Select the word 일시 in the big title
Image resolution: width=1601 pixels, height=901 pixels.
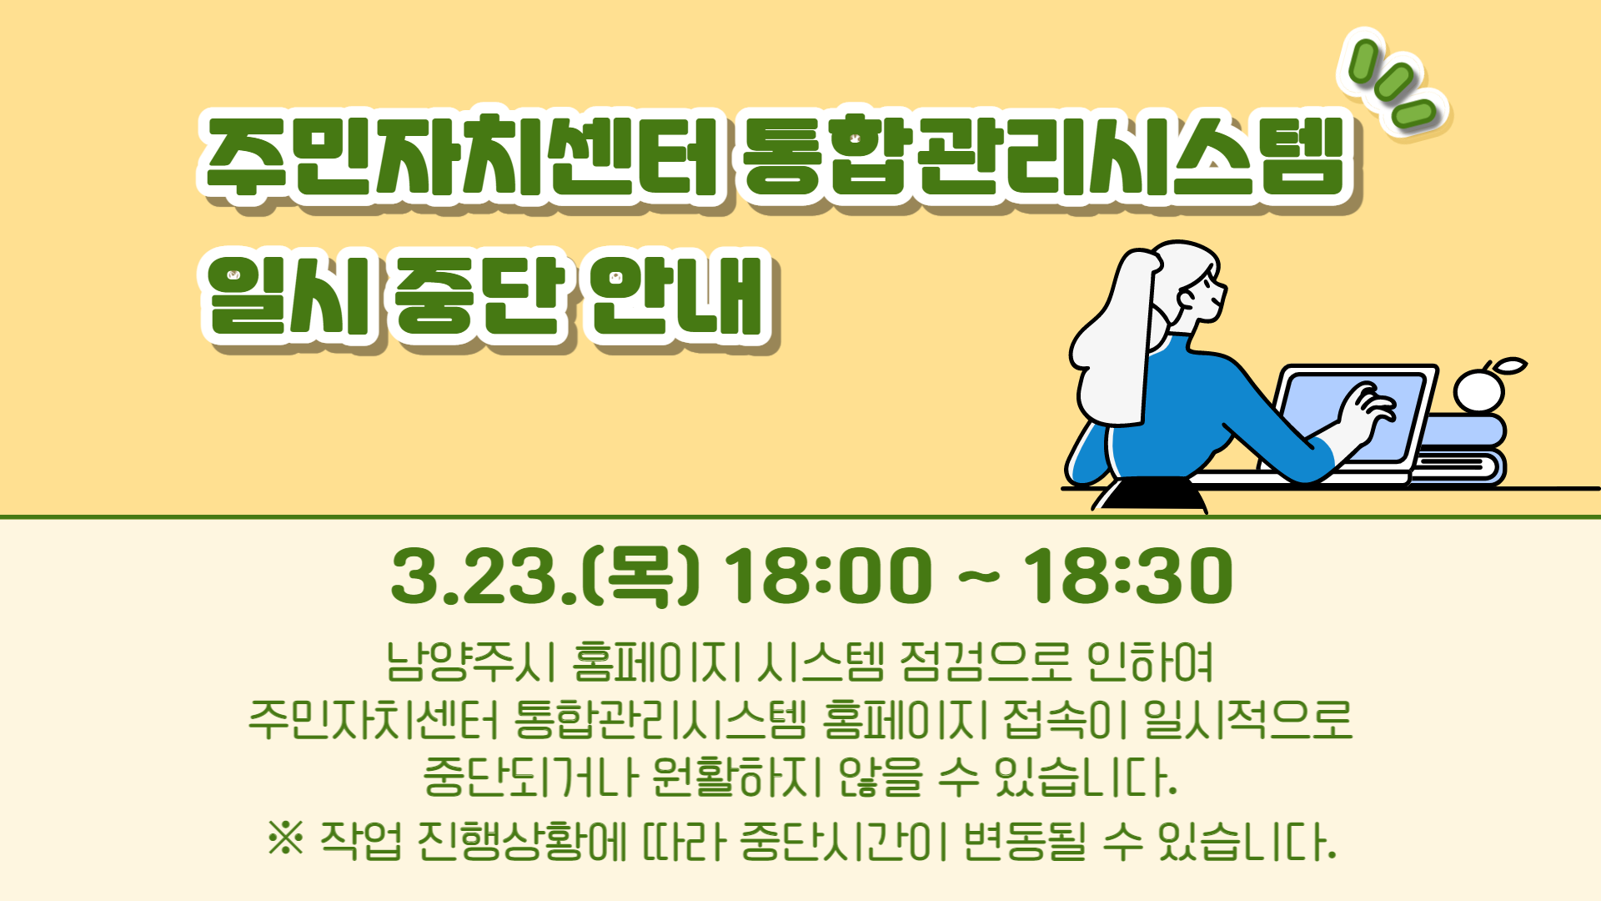[x=289, y=297]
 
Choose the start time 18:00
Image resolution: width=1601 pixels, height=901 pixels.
[x=828, y=576]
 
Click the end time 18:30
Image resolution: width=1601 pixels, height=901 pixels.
[x=1127, y=576]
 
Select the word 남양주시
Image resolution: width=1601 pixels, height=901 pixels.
[x=470, y=662]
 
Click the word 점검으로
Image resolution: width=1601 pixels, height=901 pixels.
[x=985, y=662]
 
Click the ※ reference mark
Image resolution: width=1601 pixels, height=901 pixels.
[x=286, y=838]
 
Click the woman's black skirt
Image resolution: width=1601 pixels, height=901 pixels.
[x=1151, y=494]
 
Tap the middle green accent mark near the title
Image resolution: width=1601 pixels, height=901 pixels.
[x=1394, y=83]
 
